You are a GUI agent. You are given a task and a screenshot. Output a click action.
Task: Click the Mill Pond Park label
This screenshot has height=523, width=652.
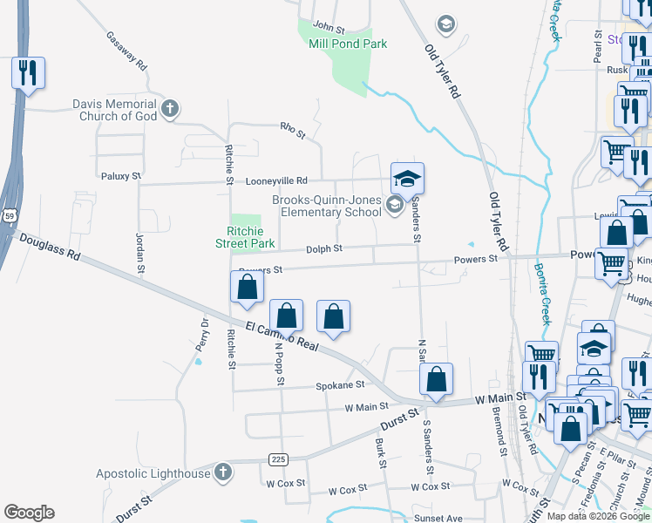pos(348,44)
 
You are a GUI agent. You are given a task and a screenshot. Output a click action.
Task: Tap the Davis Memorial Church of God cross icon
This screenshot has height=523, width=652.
pos(170,110)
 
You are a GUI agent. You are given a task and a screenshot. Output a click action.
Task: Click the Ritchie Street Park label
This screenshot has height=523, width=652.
pos(245,237)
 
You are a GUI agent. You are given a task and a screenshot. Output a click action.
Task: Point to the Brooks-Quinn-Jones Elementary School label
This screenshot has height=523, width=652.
pos(327,206)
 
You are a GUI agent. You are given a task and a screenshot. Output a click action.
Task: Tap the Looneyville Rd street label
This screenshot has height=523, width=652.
pos(277,180)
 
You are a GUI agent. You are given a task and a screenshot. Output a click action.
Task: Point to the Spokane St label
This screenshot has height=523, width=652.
pos(339,384)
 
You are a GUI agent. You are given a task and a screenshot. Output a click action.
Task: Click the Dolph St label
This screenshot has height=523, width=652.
pos(323,248)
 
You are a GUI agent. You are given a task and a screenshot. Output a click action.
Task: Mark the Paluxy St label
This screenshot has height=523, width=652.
pos(121,176)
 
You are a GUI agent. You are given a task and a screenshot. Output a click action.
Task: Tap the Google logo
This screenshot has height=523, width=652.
pos(29,512)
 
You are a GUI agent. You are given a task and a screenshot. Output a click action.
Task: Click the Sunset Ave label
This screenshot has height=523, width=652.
pos(438,519)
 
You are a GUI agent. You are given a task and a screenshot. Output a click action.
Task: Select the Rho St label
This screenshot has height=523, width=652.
pos(293,131)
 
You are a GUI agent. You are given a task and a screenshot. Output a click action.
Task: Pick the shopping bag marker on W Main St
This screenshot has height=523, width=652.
pos(436,379)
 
